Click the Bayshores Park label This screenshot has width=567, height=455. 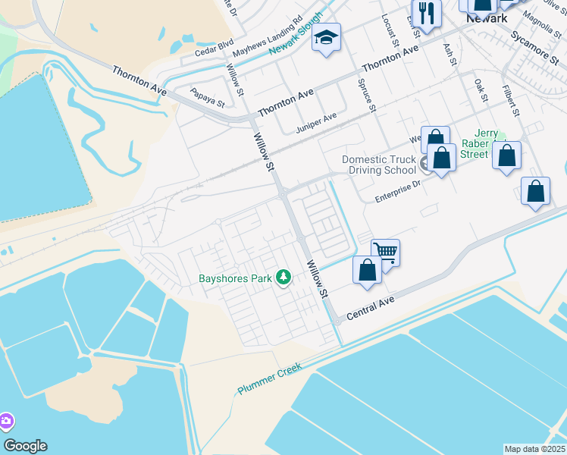(235, 278)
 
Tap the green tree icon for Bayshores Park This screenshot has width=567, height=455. (283, 278)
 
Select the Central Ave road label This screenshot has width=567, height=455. (370, 307)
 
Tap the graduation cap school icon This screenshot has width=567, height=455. (326, 37)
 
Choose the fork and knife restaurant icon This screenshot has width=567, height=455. (426, 13)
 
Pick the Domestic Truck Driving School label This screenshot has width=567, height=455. (379, 165)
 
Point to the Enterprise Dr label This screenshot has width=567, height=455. (398, 190)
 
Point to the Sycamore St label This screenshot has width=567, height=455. (530, 45)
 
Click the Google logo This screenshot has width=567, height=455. (26, 446)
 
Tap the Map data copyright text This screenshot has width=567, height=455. (535, 449)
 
